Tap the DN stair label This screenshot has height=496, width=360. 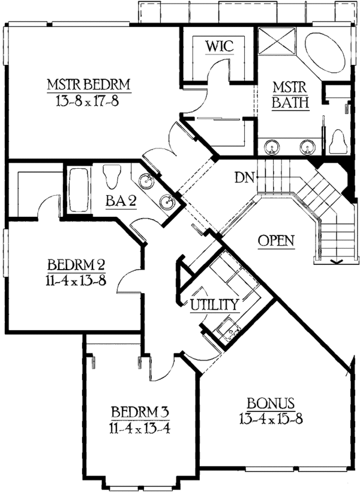point(244,178)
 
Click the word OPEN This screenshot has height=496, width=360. point(276,241)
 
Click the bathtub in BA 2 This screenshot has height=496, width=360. point(78,191)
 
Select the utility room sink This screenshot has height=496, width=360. point(228,330)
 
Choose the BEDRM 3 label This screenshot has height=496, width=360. point(140,412)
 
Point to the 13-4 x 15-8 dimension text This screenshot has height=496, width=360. point(272,417)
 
